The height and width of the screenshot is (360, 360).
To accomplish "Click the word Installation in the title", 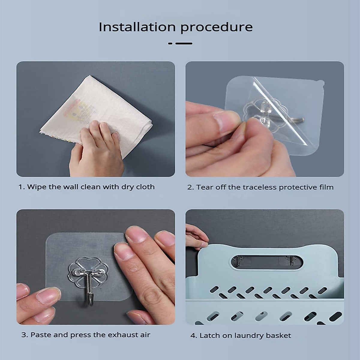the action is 137,27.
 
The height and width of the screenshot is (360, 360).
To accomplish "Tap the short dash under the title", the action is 170,43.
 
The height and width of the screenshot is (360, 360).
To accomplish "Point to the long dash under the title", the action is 184,43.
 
